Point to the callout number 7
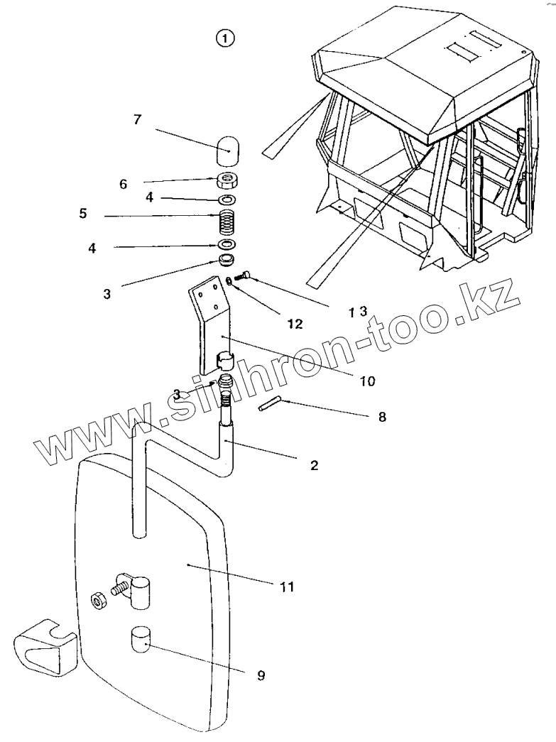[137, 119]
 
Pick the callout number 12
[295, 324]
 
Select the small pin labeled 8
[268, 405]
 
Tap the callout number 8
[382, 417]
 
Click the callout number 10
[366, 381]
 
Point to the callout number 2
[314, 466]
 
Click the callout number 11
[286, 587]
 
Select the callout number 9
[261, 676]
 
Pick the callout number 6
[123, 184]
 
